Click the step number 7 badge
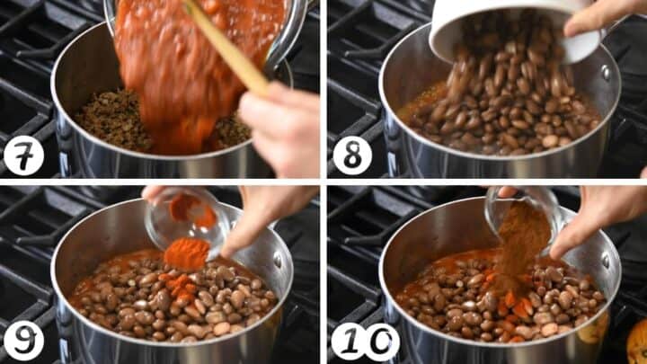click(23, 156)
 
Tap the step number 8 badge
click(352, 156)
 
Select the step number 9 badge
click(23, 341)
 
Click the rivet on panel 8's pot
click(606, 73)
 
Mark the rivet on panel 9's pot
click(278, 260)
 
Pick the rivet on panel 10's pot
click(606, 260)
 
